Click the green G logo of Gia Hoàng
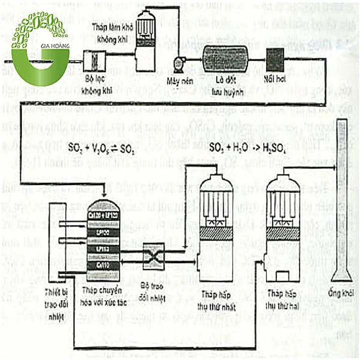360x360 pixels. [x=40, y=50]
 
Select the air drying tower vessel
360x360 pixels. [x=147, y=31]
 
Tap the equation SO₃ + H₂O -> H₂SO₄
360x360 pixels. [x=240, y=148]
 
